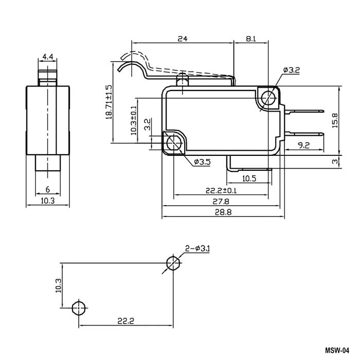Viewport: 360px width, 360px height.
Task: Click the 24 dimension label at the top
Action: (183, 39)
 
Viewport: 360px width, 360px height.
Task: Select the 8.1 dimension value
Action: (251, 39)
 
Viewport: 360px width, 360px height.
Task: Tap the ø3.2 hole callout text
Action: (292, 70)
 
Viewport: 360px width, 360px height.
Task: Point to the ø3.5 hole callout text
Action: (202, 162)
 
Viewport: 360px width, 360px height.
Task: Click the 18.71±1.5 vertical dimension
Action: (109, 102)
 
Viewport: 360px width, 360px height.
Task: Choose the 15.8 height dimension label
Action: (335, 120)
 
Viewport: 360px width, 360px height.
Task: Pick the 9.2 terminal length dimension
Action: (303, 145)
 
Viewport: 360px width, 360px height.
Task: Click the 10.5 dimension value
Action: (249, 178)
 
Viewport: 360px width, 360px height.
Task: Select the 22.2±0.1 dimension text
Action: (221, 190)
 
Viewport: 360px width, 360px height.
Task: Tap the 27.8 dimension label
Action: (221, 202)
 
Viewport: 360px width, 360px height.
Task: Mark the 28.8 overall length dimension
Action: (223, 212)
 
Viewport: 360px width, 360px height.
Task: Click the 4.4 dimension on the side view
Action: (48, 57)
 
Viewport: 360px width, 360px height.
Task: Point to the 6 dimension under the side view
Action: (47, 189)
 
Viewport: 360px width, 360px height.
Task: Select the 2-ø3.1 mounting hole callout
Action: (197, 248)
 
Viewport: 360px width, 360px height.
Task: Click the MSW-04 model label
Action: (337, 351)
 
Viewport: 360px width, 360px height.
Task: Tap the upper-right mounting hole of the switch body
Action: (268, 98)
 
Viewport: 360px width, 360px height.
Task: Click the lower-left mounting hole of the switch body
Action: (174, 143)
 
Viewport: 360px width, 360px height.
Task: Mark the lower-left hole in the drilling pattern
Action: (79, 308)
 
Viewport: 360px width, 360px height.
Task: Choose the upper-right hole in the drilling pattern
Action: (173, 263)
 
